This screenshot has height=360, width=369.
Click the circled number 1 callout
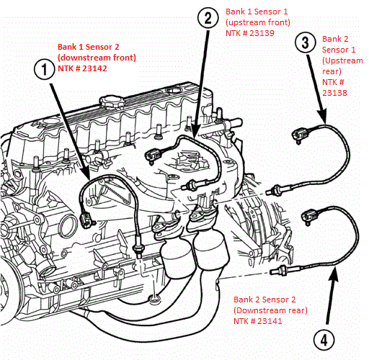pos(44,69)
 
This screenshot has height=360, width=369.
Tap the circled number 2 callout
pos(208,18)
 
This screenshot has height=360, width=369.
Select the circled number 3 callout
pos(305,42)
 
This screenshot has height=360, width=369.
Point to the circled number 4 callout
pos(324,340)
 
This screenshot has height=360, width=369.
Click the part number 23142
pos(94,68)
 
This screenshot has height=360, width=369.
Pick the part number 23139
pos(262,33)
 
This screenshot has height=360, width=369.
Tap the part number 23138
pos(334,93)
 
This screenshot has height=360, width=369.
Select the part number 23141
pos(270,321)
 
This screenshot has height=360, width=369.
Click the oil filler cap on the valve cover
pos(112,102)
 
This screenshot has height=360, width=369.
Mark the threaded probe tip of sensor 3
pos(270,192)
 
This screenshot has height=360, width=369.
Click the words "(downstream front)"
pos(97,58)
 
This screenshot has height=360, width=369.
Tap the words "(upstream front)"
pos(258,22)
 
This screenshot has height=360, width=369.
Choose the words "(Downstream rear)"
pos(270,310)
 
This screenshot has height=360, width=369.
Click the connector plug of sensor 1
pos(85,220)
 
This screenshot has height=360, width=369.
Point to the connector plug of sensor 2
pos(153,156)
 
